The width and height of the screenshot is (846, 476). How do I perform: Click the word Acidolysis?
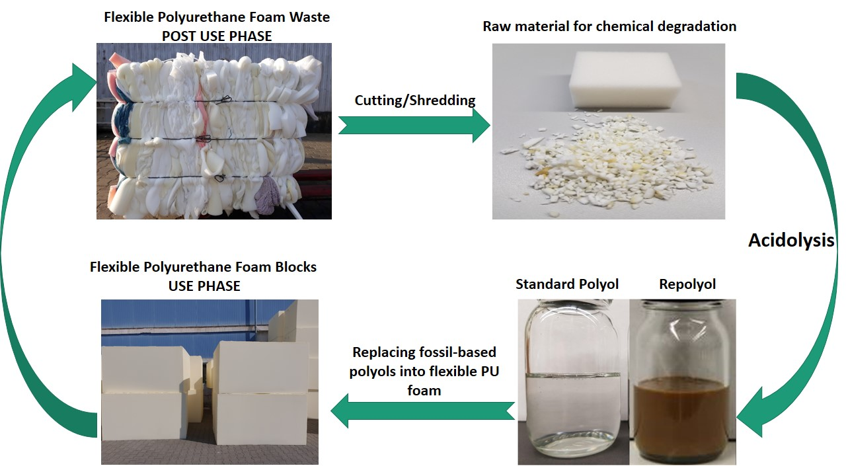coord(791,241)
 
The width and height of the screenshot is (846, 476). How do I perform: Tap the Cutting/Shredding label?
coord(415,100)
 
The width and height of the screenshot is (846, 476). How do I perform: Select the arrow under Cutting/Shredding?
coord(414,125)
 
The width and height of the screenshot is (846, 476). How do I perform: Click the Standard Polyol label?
coord(567,284)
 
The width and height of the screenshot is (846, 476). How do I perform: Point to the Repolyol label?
coord(687,284)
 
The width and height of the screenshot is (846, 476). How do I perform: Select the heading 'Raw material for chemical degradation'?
coord(609,27)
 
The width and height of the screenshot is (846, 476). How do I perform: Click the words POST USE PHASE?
coord(217,36)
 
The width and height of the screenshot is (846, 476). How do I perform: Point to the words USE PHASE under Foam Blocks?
coord(202,286)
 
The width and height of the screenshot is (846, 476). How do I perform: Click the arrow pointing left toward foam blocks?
coord(422,411)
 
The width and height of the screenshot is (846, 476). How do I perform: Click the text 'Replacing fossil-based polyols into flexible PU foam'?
coord(424,371)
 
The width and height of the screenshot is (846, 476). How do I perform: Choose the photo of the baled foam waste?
coord(214,131)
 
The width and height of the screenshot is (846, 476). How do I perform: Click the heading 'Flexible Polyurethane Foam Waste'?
coord(217,18)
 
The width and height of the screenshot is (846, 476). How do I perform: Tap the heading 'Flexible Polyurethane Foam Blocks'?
coord(203,268)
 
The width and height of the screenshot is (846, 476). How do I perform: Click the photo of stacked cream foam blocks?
coord(210,381)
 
